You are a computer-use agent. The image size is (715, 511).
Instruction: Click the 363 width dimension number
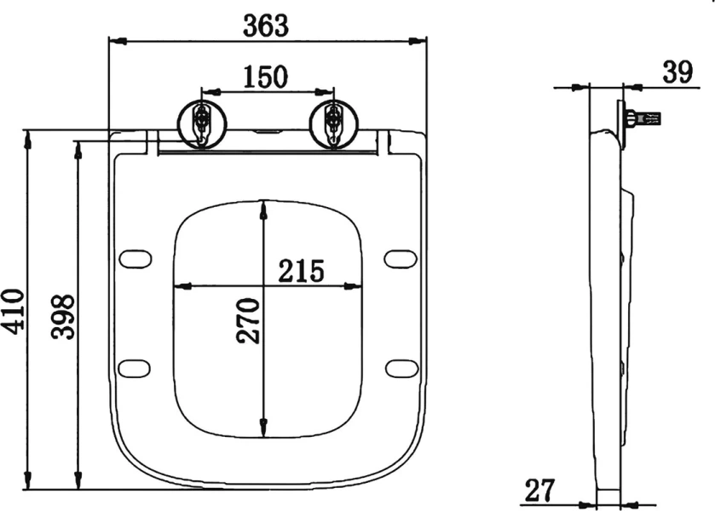(266, 26)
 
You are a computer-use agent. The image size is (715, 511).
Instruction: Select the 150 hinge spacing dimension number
(266, 77)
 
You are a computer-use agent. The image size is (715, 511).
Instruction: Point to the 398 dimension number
(63, 317)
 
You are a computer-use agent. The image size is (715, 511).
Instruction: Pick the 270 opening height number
(248, 320)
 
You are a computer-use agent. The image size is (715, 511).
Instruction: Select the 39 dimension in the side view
(678, 72)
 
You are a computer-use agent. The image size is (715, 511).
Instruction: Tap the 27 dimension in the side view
(539, 490)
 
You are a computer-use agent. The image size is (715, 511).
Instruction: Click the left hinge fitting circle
(202, 123)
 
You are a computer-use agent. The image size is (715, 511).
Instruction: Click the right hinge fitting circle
(332, 123)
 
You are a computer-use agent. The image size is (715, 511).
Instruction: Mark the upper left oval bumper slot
(134, 257)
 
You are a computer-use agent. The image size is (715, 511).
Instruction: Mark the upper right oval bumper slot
(401, 257)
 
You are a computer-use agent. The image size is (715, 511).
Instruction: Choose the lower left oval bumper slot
(134, 367)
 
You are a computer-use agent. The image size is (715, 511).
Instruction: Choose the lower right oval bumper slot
(401, 367)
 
